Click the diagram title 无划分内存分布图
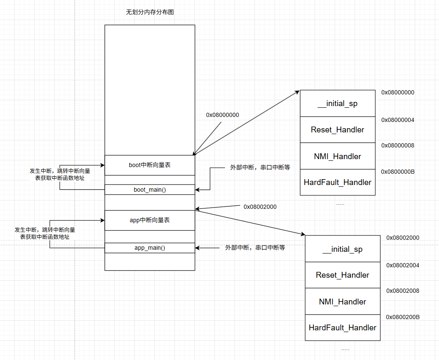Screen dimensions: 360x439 pyautogui.click(x=150, y=12)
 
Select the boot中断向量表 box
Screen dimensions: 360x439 pyautogui.click(x=149, y=165)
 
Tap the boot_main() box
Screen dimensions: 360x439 pyautogui.click(x=149, y=190)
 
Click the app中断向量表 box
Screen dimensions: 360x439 pyautogui.click(x=149, y=220)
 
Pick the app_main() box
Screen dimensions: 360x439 pyautogui.click(x=149, y=248)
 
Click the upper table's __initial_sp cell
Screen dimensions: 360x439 pyautogui.click(x=337, y=104)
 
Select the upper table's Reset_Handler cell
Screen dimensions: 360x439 pyautogui.click(x=337, y=129)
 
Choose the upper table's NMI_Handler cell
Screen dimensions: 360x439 pyautogui.click(x=337, y=156)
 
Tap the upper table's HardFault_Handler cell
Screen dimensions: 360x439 pyautogui.click(x=337, y=182)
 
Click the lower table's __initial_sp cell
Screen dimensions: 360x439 pyautogui.click(x=342, y=249)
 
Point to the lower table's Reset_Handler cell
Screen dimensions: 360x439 pyautogui.click(x=342, y=275)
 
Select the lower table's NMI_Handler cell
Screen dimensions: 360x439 pyautogui.click(x=342, y=302)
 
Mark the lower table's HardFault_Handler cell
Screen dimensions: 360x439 pyautogui.click(x=342, y=327)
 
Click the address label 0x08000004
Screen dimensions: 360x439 pyautogui.click(x=398, y=120)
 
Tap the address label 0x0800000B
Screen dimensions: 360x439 pyautogui.click(x=398, y=172)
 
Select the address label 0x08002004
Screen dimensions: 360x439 pyautogui.click(x=403, y=265)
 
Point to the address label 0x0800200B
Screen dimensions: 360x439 pyautogui.click(x=403, y=317)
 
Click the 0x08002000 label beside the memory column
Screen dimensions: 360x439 pyautogui.click(x=260, y=207)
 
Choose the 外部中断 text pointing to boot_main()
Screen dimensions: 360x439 pyautogui.click(x=260, y=167)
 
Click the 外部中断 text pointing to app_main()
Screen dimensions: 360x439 pyautogui.click(x=255, y=248)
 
